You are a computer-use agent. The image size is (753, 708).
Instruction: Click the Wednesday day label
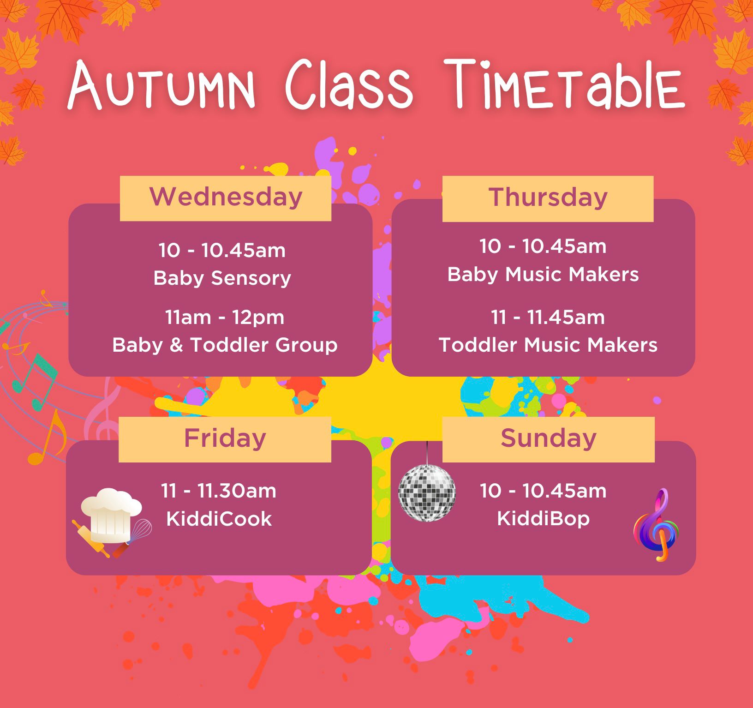(226, 197)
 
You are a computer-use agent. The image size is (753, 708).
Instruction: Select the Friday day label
(225, 438)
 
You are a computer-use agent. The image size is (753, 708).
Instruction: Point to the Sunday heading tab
(548, 439)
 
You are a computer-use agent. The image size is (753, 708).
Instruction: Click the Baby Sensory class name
(222, 278)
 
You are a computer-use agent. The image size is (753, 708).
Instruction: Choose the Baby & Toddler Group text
(225, 345)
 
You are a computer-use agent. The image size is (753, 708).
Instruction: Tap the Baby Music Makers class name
(543, 274)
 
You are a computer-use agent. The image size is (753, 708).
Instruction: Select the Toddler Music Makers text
(548, 345)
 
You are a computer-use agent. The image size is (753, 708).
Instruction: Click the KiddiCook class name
(219, 519)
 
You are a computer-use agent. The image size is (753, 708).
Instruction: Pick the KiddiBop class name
(544, 519)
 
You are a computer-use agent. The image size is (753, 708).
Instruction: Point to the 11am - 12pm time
(225, 318)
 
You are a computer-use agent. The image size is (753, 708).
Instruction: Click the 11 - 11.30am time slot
(219, 491)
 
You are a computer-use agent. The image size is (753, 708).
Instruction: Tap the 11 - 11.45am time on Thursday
(548, 318)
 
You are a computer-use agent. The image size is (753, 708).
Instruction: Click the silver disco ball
(427, 492)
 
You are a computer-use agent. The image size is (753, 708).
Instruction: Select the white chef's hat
(111, 515)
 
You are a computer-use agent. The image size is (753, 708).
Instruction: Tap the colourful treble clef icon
(657, 525)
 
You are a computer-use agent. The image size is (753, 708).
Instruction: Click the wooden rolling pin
(91, 538)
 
